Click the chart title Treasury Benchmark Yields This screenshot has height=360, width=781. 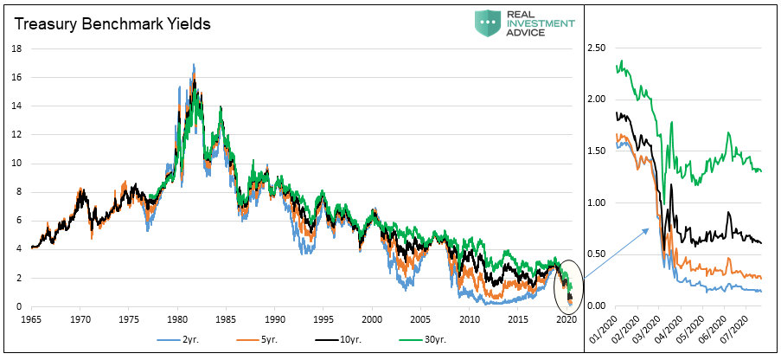tap(112, 24)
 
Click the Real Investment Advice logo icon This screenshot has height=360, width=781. tap(488, 22)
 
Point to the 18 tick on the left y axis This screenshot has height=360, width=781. tap(16, 48)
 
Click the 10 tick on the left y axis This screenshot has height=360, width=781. tap(16, 164)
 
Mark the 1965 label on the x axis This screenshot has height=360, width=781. tap(31, 319)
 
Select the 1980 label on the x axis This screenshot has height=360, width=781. tap(177, 319)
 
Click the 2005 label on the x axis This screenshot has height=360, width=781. tap(420, 319)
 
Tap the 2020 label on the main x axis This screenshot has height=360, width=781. tap(567, 319)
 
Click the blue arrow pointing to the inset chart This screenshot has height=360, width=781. tap(615, 251)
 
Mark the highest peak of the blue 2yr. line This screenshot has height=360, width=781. tap(193, 65)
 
